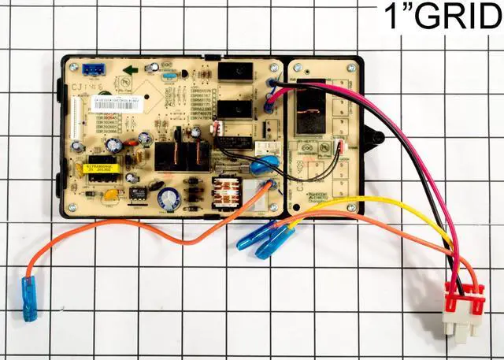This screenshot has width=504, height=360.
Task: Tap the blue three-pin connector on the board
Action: click(x=97, y=68)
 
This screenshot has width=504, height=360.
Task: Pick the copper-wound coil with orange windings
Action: click(x=228, y=191)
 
